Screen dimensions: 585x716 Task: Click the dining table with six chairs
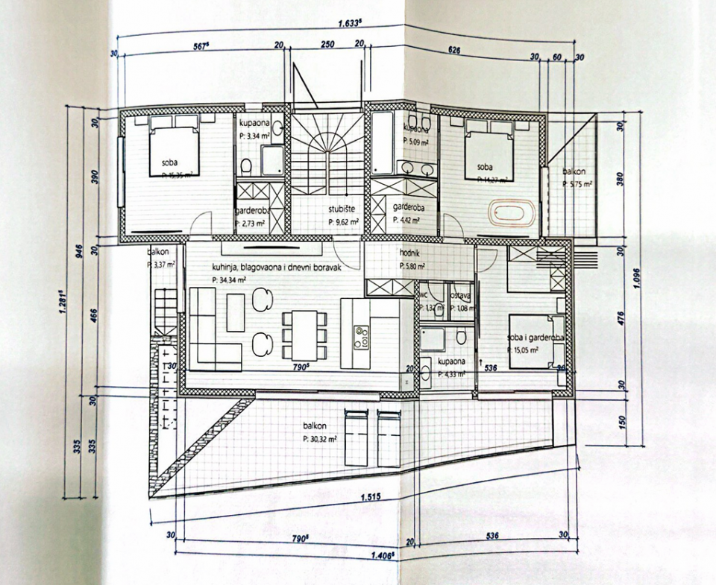304,335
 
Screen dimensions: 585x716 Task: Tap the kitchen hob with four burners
362,336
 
